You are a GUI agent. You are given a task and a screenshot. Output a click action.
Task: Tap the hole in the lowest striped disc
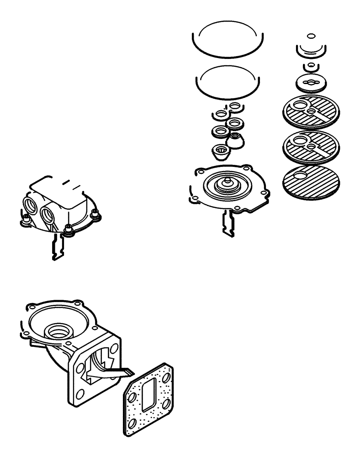[x=301, y=176]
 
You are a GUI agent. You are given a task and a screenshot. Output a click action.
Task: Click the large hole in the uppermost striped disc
[x=301, y=107]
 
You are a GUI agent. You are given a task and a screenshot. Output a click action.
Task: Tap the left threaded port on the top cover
[x=30, y=204]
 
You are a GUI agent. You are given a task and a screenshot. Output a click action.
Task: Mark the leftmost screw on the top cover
[x=25, y=219]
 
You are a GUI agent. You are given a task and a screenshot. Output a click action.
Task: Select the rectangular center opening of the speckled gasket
[x=148, y=393]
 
